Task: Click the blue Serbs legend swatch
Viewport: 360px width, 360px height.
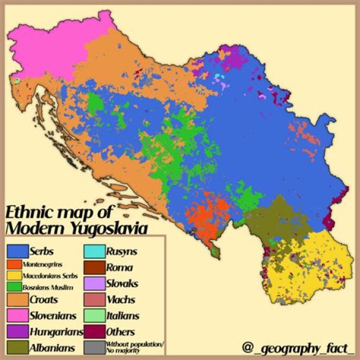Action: [x=16, y=250]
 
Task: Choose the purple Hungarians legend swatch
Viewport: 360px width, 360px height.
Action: [x=16, y=331]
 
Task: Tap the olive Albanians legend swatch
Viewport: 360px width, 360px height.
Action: [x=16, y=347]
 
